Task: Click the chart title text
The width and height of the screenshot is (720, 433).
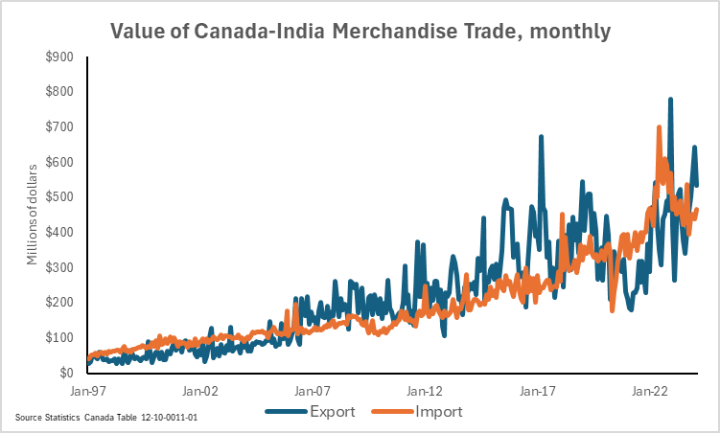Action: click(360, 31)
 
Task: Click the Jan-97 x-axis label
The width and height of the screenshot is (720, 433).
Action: click(87, 391)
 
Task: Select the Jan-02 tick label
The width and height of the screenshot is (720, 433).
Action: click(200, 391)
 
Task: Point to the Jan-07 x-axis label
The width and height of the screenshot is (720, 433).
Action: click(313, 391)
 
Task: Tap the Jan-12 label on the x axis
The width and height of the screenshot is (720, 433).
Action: click(426, 391)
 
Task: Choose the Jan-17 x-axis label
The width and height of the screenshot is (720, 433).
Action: click(539, 391)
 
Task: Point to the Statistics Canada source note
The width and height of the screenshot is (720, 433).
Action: click(106, 419)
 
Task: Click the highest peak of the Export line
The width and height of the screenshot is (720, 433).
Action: click(670, 99)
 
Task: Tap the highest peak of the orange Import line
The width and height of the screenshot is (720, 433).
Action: click(659, 126)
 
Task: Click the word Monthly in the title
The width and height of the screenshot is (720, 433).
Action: click(569, 31)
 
